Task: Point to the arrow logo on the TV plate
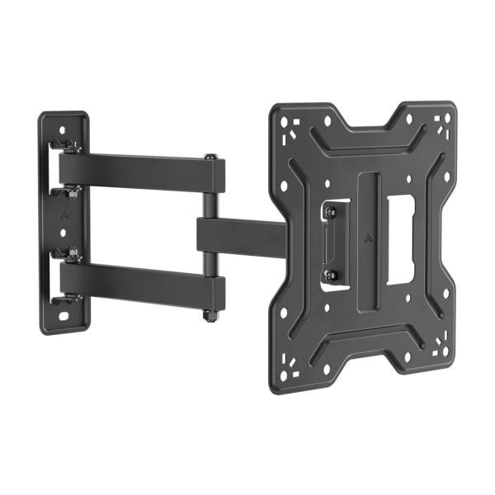(x=365, y=240)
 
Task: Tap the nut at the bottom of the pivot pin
(x=211, y=315)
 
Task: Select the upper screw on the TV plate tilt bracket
(x=331, y=212)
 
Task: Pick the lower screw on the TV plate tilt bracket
(x=331, y=274)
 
